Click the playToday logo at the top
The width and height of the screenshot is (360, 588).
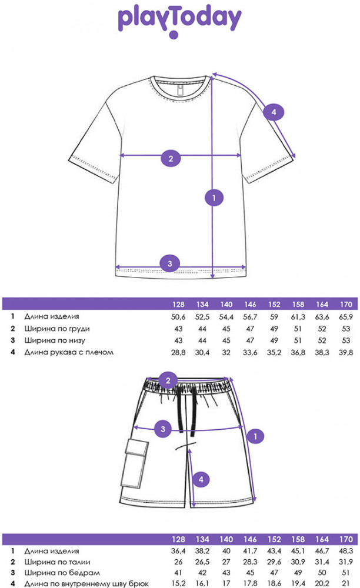[179, 21]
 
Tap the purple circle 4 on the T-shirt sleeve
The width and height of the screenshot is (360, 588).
[274, 112]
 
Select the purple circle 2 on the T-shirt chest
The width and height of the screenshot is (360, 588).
[171, 158]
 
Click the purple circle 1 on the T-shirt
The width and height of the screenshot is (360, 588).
[214, 198]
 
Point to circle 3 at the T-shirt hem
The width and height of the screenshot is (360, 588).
[169, 263]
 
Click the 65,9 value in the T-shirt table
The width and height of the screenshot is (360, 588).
[346, 317]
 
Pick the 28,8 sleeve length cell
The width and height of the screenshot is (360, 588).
[178, 352]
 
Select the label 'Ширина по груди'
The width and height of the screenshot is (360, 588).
[57, 329]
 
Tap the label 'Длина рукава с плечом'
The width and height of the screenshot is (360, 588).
[69, 352]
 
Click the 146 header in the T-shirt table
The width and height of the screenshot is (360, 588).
[250, 305]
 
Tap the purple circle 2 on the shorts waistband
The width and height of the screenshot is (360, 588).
[168, 380]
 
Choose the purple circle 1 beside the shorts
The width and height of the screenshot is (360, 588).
[255, 436]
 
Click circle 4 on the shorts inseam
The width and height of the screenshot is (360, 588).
[201, 479]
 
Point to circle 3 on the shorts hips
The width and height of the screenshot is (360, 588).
[163, 429]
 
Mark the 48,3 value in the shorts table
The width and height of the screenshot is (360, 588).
[346, 551]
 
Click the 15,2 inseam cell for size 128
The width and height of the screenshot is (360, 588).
[178, 583]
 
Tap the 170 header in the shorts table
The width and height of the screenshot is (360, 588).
[346, 539]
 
